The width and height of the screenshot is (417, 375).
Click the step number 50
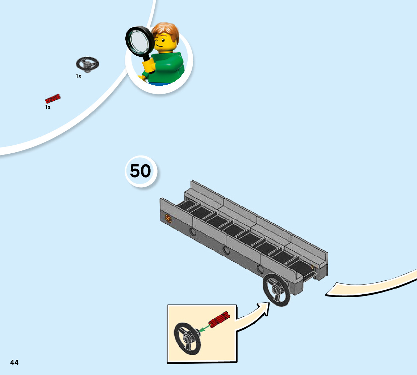(x=140, y=171)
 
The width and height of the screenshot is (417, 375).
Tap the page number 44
(x=14, y=362)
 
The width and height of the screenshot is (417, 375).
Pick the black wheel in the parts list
(x=87, y=64)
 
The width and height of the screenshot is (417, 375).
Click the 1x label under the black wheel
(x=79, y=76)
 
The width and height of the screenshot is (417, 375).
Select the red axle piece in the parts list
(x=53, y=99)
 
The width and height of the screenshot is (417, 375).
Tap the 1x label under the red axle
(x=48, y=107)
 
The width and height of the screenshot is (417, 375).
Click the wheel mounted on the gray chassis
(x=277, y=290)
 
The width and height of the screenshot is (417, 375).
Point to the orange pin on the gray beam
(x=168, y=218)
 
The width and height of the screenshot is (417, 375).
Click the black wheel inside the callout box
(x=187, y=338)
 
